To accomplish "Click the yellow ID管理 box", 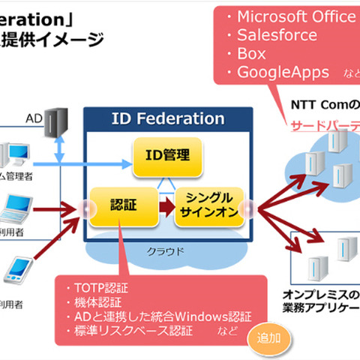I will click(168, 155).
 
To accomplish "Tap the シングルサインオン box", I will click(210, 206).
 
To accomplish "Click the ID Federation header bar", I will click(167, 118).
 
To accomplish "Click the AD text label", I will click(34, 118).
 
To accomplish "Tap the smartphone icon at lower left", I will click(20, 273).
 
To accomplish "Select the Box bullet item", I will click(251, 54).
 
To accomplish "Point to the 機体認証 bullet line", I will click(97, 301).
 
